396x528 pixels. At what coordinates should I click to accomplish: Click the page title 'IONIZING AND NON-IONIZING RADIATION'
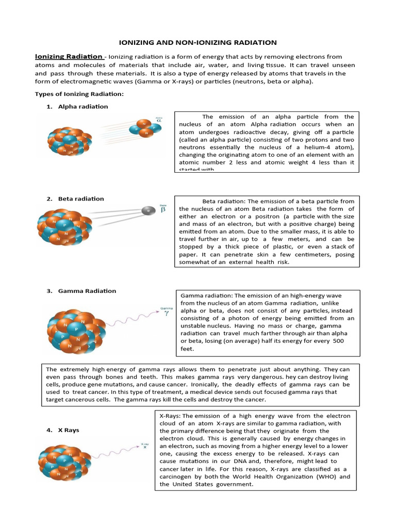click(197, 43)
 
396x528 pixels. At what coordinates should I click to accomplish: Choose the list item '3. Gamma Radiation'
click(81, 291)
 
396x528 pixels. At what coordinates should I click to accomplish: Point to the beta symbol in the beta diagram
click(163, 209)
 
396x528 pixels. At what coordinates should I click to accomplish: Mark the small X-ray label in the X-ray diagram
click(145, 445)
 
